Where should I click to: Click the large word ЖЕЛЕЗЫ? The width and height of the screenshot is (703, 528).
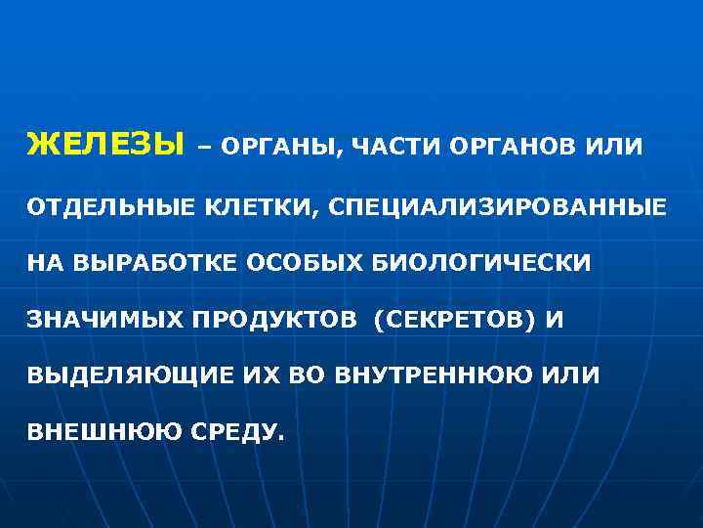click(105, 147)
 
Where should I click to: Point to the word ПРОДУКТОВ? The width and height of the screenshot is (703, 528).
click(269, 320)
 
